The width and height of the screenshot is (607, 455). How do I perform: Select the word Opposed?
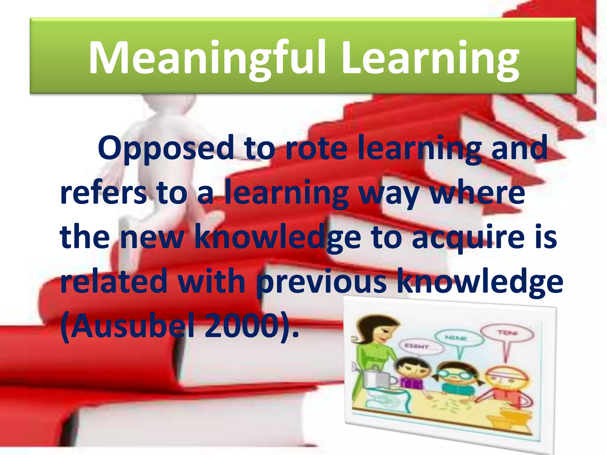pos(166,148)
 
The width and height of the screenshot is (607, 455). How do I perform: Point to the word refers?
pos(103,193)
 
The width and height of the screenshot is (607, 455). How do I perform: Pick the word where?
pos(477,193)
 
